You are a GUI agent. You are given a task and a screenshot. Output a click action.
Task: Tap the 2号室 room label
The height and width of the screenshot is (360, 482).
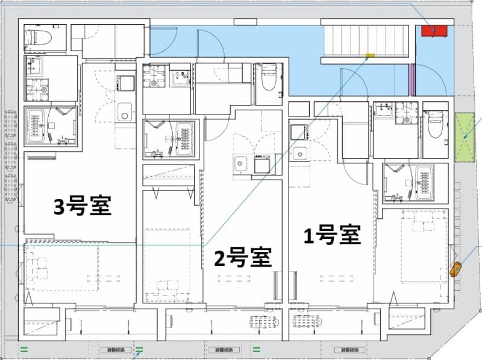tap(243, 257)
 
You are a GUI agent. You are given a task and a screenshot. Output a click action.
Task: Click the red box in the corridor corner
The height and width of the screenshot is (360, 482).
tap(434, 31)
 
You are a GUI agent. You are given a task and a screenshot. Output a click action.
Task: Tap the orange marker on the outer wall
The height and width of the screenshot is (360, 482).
tap(455, 269)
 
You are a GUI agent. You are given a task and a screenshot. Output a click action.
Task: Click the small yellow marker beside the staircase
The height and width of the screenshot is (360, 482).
tap(370, 55)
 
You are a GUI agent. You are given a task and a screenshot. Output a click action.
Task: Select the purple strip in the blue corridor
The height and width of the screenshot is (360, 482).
tap(412, 80)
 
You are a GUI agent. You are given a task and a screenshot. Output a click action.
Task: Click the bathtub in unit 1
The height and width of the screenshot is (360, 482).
tap(425, 182)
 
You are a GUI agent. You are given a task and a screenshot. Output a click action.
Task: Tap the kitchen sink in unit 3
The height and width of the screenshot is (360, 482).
tap(125, 112)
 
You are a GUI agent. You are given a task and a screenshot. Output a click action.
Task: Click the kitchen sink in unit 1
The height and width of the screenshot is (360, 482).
tap(299, 153)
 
